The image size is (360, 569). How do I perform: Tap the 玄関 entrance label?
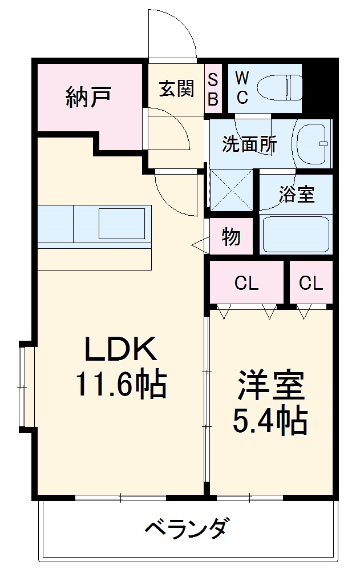[176, 88]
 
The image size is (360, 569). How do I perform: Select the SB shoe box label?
[212, 89]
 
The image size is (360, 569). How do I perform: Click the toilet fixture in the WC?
[280, 88]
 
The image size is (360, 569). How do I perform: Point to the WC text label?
[242, 88]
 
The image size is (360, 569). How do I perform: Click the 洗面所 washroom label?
[249, 144]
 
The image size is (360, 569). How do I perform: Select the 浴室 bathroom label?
[296, 194]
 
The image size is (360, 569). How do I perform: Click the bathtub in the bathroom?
[296, 234]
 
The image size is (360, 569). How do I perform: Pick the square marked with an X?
[231, 190]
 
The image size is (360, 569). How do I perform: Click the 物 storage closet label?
[231, 236]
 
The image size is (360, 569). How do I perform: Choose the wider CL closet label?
[246, 283]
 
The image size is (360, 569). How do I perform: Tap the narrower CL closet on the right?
[311, 283]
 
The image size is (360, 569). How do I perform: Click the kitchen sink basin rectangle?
[122, 223]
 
